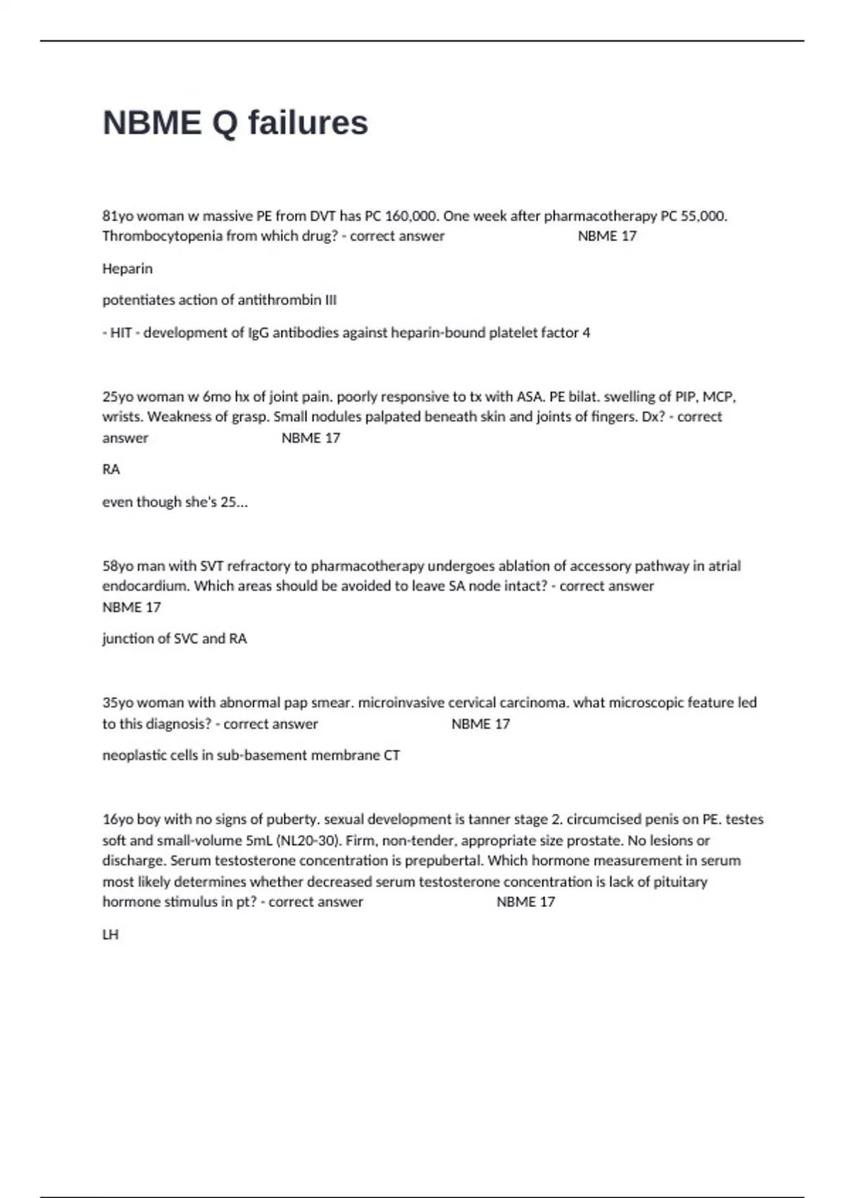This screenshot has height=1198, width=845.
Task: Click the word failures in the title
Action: [x=308, y=123]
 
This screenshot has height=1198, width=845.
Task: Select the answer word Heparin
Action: [x=127, y=268]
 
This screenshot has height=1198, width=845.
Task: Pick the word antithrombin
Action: [x=279, y=300]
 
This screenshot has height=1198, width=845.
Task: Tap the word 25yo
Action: [x=118, y=397]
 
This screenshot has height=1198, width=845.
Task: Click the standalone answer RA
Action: [x=111, y=469]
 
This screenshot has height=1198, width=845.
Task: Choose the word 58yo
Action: [x=118, y=566]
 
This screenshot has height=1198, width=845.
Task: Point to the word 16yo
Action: [x=118, y=820]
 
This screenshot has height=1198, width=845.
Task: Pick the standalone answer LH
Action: [x=111, y=934]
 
